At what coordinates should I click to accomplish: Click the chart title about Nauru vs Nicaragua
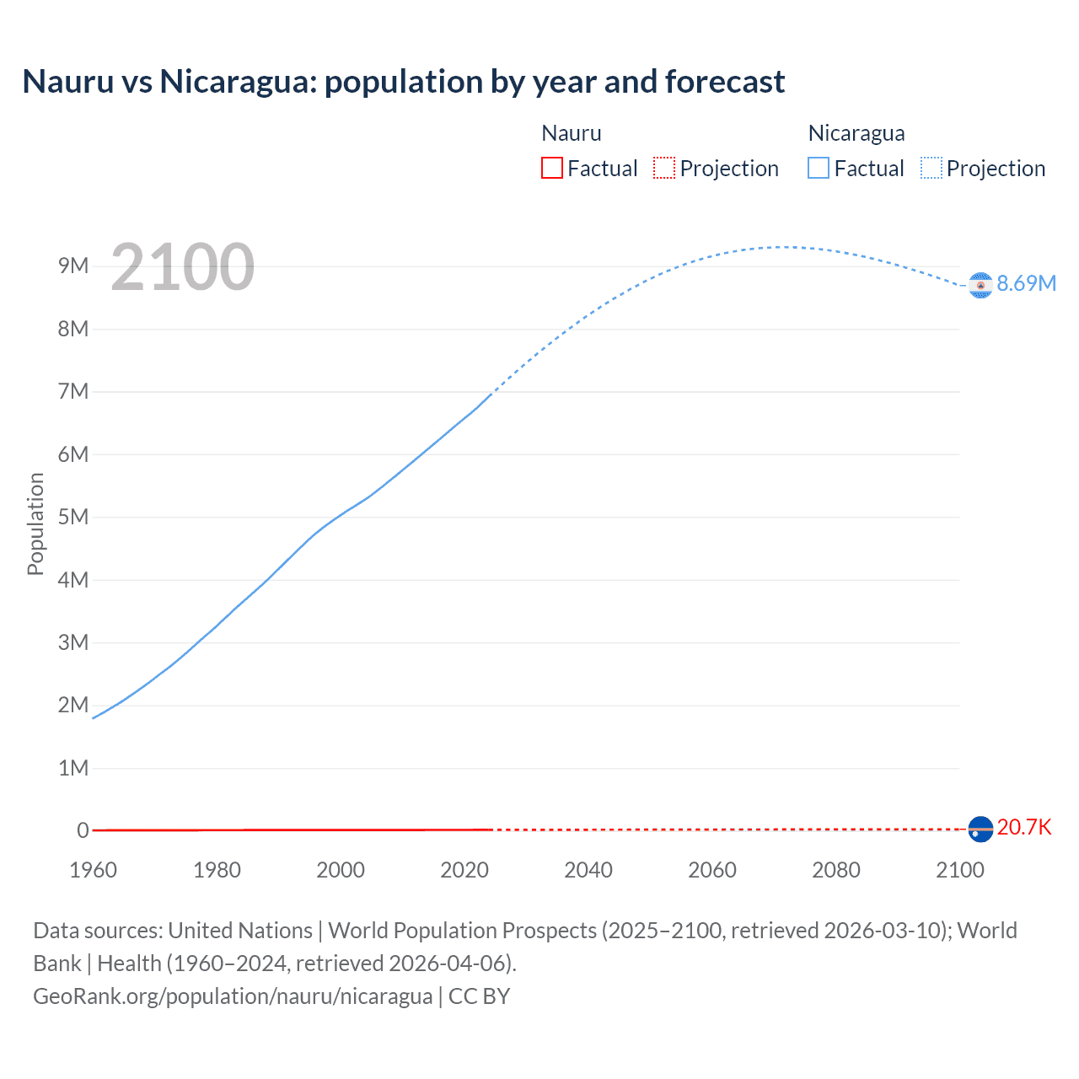coord(403,82)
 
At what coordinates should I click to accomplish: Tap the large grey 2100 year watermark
coord(182,267)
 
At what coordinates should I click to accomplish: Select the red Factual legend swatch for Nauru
coord(551,168)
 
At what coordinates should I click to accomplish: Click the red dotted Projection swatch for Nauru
coord(663,168)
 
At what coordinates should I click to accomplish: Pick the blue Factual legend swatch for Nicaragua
coord(818,168)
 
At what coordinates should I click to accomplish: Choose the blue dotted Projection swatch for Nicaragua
coord(931,168)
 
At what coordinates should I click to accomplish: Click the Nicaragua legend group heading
coord(856,133)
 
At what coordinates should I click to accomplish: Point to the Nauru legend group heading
coord(571,133)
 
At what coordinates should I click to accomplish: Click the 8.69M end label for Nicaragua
coord(1026,283)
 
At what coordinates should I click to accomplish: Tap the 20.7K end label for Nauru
coord(1023,827)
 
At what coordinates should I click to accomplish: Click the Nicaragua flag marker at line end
coord(980,286)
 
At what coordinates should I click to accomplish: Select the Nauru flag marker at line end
coord(980,829)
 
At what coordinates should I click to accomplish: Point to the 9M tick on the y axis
coord(73,266)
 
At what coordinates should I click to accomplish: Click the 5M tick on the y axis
coord(73,517)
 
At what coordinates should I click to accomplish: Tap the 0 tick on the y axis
coord(83,830)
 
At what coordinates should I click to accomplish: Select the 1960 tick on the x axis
coord(93,870)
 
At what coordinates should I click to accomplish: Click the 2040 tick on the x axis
coord(588,870)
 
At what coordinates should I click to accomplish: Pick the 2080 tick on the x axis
coord(836,870)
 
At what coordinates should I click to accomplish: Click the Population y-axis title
coord(35,523)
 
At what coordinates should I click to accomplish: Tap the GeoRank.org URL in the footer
coord(233,996)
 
